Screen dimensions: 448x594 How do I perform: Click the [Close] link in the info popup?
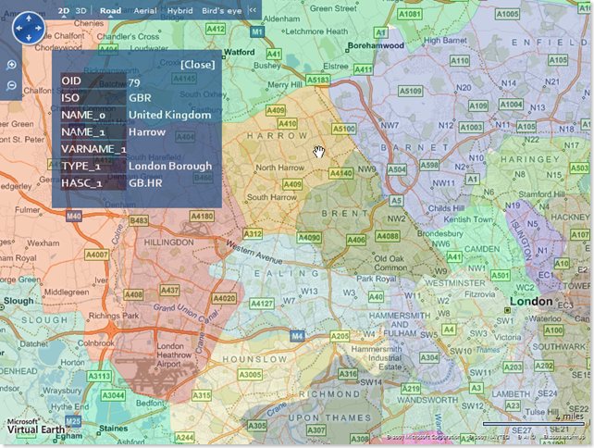tap(196, 65)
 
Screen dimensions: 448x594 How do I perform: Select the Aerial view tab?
tap(144, 10)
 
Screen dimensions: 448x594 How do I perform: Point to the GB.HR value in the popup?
tap(146, 183)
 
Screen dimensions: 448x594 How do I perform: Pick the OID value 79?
tap(134, 82)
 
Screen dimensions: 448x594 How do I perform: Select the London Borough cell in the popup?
tap(169, 167)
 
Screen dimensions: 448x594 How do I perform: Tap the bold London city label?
tap(530, 302)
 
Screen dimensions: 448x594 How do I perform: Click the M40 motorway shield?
tap(74, 216)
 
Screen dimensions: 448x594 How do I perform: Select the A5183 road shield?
tap(317, 81)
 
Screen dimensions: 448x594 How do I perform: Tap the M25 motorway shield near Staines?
tap(73, 420)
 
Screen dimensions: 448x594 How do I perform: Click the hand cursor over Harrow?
tap(319, 152)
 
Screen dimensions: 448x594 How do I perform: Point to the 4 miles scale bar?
tap(532, 422)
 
